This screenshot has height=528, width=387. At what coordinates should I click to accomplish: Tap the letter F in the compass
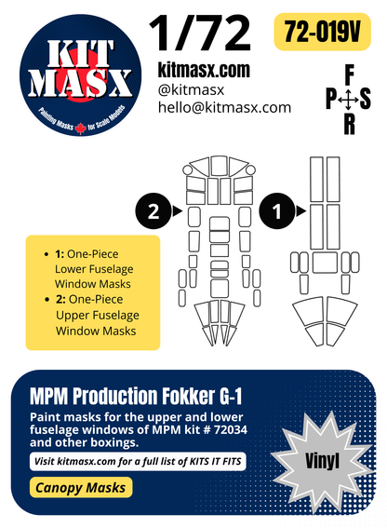[348, 75]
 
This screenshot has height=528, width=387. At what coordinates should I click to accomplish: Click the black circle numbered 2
[153, 211]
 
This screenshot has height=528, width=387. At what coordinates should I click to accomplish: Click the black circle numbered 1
[274, 211]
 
